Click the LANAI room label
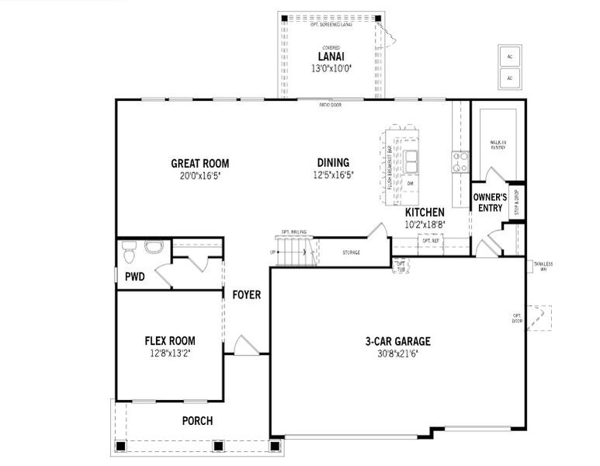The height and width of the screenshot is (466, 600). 331,56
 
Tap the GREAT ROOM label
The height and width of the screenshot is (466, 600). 200,163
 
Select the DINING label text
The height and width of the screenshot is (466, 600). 333,162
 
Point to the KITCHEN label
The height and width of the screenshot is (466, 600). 425,212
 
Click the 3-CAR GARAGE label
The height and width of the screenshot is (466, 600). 398,341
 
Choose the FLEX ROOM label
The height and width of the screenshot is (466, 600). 170,340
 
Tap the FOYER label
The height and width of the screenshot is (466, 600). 246,295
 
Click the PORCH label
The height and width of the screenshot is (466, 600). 197,421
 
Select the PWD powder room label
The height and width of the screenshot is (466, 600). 135,276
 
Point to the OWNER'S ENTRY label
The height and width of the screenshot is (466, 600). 490,203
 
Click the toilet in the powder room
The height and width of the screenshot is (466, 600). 130,250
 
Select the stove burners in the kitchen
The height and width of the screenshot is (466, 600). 461,162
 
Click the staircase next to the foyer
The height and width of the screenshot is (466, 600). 293,251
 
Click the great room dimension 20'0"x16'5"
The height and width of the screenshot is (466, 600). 200,176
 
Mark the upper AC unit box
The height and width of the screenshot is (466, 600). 509,57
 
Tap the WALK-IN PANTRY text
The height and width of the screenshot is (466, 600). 498,146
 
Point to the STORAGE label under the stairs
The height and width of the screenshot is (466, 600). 351,252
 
